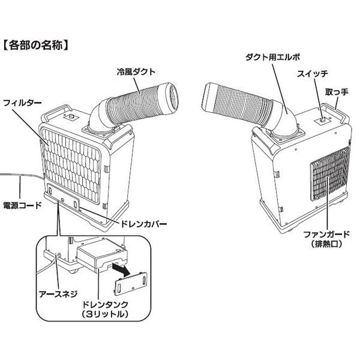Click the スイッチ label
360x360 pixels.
312,74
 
